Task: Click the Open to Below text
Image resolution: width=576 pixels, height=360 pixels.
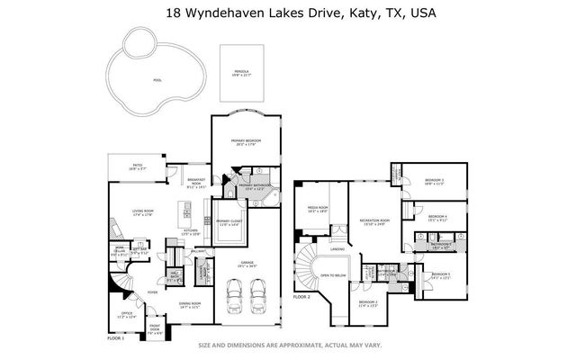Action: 334,275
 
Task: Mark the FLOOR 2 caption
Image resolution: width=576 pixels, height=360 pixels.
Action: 301,296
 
